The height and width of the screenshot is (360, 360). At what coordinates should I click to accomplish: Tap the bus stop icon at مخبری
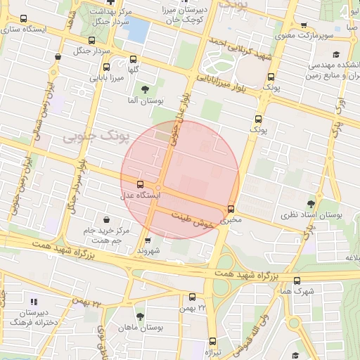tap(231, 209)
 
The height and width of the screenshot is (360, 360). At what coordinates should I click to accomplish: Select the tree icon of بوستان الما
tap(145, 89)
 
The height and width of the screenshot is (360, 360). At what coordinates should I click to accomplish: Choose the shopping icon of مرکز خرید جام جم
tap(106, 219)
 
